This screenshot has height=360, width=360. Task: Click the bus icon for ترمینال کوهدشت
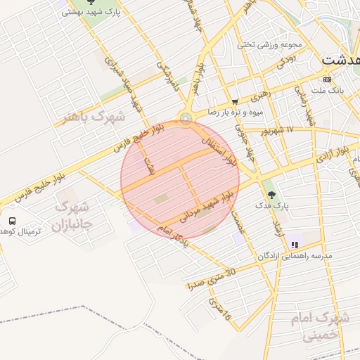click(x=12, y=221)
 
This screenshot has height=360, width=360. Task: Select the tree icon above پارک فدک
click(x=271, y=194)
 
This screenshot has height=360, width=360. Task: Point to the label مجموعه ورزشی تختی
click(x=269, y=44)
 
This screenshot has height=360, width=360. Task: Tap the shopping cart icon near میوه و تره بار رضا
click(x=235, y=102)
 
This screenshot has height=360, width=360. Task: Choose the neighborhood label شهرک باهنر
click(x=93, y=115)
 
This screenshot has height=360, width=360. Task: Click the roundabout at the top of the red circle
click(x=186, y=118)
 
